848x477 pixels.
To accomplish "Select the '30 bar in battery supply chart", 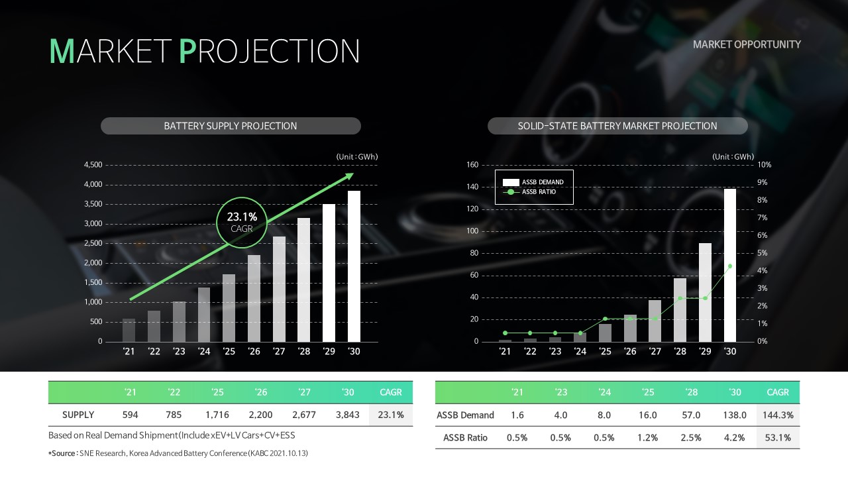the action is [x=354, y=266].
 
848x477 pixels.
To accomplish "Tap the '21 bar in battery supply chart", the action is [x=129, y=330].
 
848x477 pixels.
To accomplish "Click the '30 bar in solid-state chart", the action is [x=730, y=265].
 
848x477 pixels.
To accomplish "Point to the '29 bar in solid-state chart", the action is [x=705, y=292].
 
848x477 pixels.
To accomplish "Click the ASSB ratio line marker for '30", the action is [x=730, y=266].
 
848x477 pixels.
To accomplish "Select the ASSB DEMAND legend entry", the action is [x=533, y=182].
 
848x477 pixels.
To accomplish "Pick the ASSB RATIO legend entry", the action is [x=529, y=192].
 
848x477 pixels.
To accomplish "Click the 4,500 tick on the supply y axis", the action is [x=93, y=165].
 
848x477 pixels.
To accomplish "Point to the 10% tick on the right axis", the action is [x=765, y=165].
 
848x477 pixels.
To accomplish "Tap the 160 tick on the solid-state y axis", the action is [x=472, y=165].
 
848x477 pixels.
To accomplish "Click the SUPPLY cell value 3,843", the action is [x=348, y=415].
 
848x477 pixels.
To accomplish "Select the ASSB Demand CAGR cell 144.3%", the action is [x=778, y=415].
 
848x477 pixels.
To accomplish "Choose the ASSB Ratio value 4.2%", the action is [x=735, y=438].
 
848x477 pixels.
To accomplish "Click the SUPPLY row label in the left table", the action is [x=78, y=415].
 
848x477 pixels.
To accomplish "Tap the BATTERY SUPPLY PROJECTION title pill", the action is [x=231, y=126].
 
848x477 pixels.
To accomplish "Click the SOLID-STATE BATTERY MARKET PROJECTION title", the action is [x=617, y=126].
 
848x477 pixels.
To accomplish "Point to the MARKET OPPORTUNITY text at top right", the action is [x=747, y=44].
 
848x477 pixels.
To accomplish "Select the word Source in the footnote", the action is [x=63, y=453].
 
